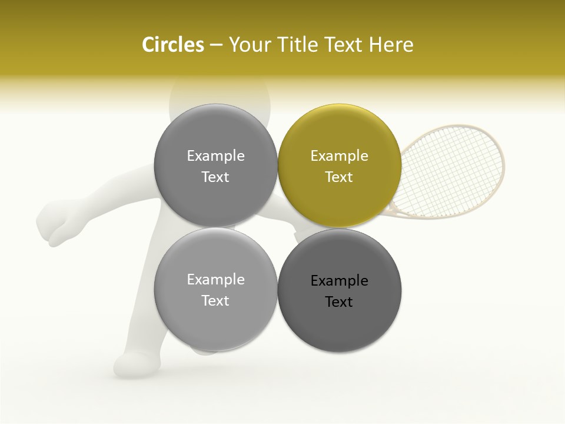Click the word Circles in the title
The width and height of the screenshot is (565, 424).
point(172,45)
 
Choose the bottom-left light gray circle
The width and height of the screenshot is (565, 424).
point(215,324)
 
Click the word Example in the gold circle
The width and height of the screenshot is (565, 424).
point(339,156)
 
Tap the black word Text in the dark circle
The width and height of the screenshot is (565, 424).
point(339,302)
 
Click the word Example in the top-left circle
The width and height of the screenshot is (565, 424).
point(215,156)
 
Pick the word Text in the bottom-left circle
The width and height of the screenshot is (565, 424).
point(215,301)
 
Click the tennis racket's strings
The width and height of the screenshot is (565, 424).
point(453,168)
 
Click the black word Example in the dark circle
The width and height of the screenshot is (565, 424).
point(339,281)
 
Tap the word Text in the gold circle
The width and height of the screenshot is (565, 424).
point(339,177)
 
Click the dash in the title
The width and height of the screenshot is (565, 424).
point(215,45)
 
